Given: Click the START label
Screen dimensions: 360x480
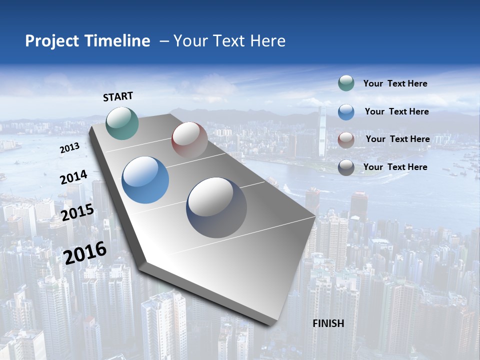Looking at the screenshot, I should [x=118, y=96].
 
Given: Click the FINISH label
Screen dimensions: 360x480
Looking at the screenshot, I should [x=328, y=323].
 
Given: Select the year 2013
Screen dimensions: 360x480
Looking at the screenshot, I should [x=69, y=148].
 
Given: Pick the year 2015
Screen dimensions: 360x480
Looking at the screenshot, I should [x=77, y=212].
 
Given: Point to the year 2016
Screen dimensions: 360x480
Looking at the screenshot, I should [x=85, y=252].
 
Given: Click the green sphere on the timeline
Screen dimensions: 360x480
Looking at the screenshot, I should [x=122, y=123].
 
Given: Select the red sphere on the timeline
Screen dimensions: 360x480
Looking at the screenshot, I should [x=189, y=139].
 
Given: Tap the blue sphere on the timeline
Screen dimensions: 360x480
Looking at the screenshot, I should [x=145, y=180].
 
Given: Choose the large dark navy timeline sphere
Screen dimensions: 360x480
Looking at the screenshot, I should [x=216, y=207].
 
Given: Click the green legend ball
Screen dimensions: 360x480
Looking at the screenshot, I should [x=346, y=83].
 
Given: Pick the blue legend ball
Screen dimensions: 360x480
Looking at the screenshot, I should [x=346, y=111].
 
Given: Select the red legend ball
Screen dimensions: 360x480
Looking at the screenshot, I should [x=346, y=139].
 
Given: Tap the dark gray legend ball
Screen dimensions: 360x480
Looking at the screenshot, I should [x=346, y=167].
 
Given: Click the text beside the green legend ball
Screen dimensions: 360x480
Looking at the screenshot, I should [x=395, y=84].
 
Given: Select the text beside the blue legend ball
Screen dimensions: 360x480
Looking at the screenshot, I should [x=396, y=111].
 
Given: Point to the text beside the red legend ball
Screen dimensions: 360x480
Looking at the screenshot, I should [x=397, y=139].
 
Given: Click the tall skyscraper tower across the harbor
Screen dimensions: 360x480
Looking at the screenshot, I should [x=322, y=132].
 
